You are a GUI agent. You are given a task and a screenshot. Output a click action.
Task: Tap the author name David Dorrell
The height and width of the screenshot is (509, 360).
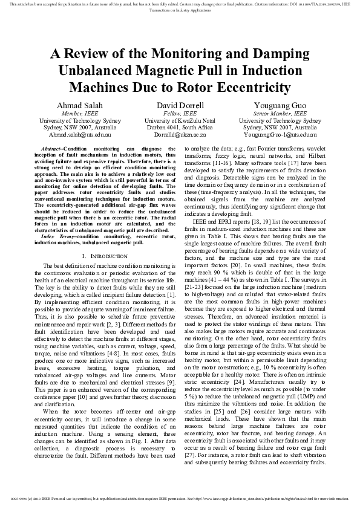pyautogui.click(x=180, y=105)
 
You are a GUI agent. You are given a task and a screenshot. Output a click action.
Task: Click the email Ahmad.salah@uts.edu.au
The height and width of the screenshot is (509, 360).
pyautogui.click(x=72, y=135)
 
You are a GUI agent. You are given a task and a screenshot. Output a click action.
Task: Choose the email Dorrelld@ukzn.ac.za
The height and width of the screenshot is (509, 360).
pyautogui.click(x=180, y=135)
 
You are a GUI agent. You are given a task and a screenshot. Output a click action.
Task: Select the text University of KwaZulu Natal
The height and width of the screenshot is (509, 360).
pyautogui.click(x=180, y=120)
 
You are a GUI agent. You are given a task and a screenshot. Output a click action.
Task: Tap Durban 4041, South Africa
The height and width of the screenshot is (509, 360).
pyautogui.click(x=180, y=128)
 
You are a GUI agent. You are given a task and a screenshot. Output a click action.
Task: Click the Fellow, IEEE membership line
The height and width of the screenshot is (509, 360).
pyautogui.click(x=180, y=113)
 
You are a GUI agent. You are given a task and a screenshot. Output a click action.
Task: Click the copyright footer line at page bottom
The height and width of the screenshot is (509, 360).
pyautogui.click(x=180, y=498)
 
